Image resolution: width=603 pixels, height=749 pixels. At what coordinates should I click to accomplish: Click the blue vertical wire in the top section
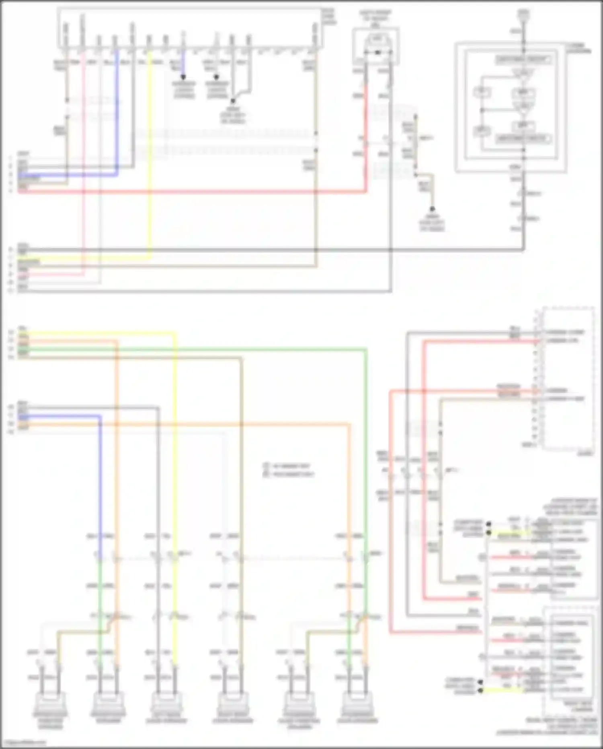tap(117, 113)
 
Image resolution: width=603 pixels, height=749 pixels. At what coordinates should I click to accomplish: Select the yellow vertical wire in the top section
tap(150, 161)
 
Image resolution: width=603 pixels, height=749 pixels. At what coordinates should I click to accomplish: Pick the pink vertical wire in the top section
tap(84, 161)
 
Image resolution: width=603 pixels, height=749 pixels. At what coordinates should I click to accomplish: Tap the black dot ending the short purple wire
tap(183, 76)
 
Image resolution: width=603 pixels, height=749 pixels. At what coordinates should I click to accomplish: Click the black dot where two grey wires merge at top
tap(233, 101)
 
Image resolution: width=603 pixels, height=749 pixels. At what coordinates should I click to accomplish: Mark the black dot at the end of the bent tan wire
tap(432, 209)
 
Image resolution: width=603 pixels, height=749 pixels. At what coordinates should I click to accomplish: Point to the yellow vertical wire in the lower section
tap(175, 443)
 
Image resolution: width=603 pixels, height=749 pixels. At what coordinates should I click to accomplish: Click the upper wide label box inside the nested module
tap(523, 60)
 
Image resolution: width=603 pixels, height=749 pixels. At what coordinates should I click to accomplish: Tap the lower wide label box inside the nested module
tap(523, 139)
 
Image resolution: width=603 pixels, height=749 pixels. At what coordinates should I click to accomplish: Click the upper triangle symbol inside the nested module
tap(522, 73)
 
